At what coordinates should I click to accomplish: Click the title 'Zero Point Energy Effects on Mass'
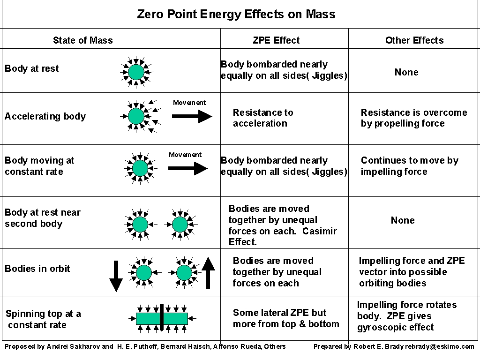(x=236, y=15)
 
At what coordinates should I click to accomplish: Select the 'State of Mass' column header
(x=83, y=40)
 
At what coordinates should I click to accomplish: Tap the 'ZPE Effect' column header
(x=276, y=40)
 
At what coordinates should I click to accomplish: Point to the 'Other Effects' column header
(x=414, y=40)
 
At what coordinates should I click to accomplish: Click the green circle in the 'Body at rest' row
(x=136, y=72)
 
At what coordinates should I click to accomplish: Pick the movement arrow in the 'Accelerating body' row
(x=192, y=116)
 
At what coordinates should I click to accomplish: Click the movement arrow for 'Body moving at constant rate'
(x=188, y=168)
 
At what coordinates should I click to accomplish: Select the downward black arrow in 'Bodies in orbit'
(x=116, y=276)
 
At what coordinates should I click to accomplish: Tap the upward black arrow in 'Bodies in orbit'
(x=208, y=272)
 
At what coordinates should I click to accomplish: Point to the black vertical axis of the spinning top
(x=162, y=318)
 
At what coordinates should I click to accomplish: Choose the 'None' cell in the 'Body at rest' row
(x=406, y=72)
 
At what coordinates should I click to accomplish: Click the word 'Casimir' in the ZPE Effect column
(x=319, y=231)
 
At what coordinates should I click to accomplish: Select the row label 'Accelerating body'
(x=45, y=116)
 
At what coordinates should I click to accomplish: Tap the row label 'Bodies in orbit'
(x=37, y=269)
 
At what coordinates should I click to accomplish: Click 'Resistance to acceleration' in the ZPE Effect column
(x=263, y=118)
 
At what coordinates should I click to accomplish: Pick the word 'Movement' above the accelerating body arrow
(x=189, y=103)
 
